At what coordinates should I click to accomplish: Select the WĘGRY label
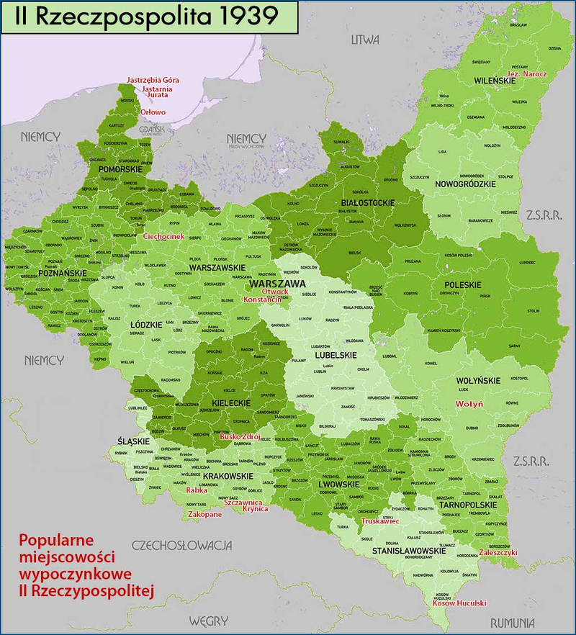(208, 621)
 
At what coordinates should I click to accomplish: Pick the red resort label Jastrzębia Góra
(153, 80)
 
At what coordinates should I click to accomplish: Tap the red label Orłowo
(153, 112)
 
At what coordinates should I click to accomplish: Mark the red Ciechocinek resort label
(165, 236)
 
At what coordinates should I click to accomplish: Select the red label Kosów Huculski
(459, 603)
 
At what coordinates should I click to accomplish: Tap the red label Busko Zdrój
(240, 437)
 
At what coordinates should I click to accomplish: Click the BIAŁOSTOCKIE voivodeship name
(367, 203)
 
